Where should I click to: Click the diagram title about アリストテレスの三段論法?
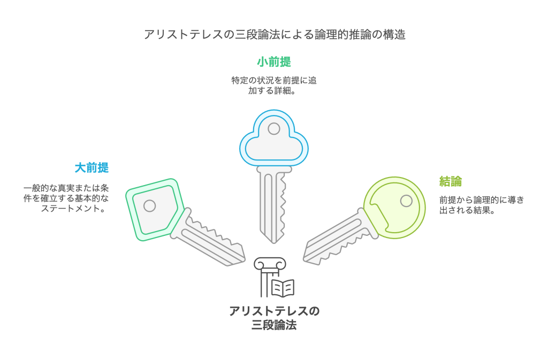coord(274,35)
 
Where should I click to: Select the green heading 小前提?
coord(274,62)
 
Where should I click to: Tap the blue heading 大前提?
coord(92,168)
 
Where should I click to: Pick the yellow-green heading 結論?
coord(451,181)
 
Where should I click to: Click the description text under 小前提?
coord(274,86)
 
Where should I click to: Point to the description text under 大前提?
coord(67,198)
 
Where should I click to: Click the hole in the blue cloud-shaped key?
coord(274,129)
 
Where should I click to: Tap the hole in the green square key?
coord(150,205)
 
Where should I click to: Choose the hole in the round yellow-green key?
coord(406,201)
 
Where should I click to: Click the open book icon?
coord(283,288)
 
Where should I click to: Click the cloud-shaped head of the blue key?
coord(274,140)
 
